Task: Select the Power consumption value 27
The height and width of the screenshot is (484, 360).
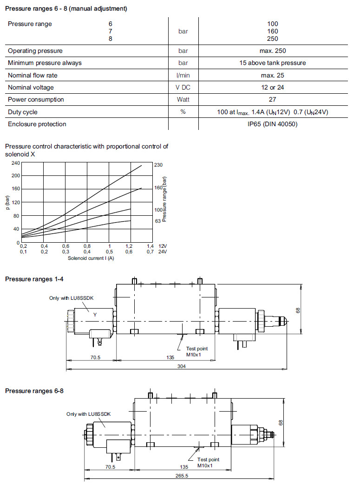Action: [272, 99]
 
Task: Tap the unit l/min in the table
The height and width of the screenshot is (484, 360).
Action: [183, 75]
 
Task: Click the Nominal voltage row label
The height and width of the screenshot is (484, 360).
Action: [31, 87]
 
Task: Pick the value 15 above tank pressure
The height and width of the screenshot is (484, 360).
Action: [273, 63]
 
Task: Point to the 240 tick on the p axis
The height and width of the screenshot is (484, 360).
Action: [16, 163]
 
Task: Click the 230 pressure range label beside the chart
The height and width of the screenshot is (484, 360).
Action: [159, 165]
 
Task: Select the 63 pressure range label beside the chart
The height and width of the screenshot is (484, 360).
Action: [157, 221]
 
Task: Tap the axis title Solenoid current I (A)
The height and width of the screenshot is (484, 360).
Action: [91, 258]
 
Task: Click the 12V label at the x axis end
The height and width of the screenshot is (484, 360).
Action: [163, 246]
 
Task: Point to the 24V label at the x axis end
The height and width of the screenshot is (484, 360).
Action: [163, 252]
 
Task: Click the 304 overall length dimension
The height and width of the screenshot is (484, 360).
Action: [177, 367]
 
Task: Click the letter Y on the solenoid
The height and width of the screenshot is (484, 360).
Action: [95, 315]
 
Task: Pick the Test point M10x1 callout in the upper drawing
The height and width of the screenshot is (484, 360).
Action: [197, 351]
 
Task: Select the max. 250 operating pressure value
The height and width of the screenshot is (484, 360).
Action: [273, 51]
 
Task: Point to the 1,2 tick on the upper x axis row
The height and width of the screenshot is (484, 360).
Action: [130, 246]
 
